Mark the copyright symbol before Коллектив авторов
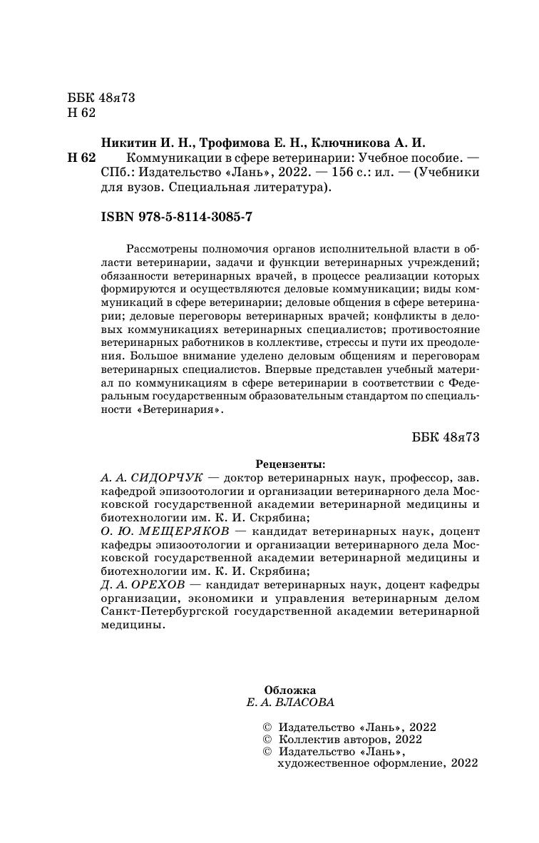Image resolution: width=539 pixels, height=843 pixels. [x=268, y=740]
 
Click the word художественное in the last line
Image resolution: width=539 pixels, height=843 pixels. [x=320, y=763]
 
